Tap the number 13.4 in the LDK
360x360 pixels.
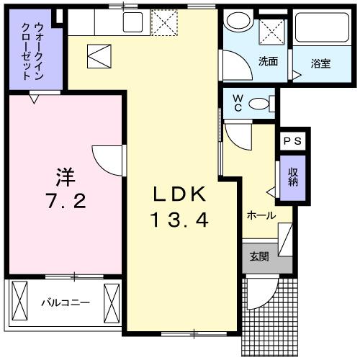[x=180, y=220]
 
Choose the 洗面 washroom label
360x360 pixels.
[x=269, y=61]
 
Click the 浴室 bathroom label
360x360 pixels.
[x=320, y=63]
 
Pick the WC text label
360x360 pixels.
[x=234, y=104]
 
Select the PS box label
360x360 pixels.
[x=293, y=141]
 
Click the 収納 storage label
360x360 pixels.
[x=294, y=176]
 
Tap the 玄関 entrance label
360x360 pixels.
[x=259, y=256]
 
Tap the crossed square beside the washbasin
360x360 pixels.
[x=272, y=31]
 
